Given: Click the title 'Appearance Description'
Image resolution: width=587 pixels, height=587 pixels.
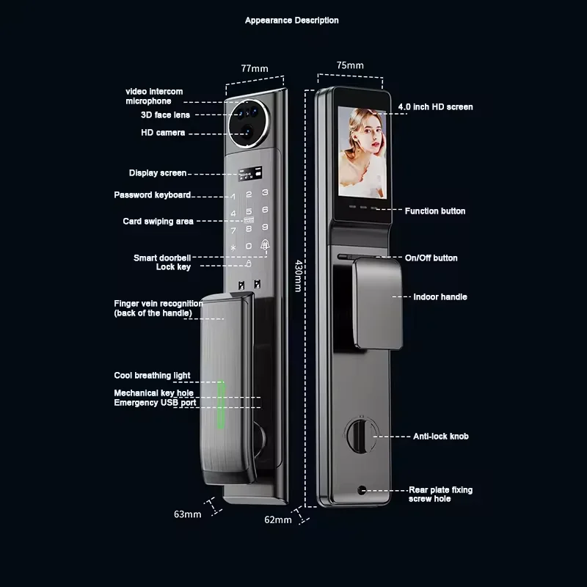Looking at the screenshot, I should click(291, 21).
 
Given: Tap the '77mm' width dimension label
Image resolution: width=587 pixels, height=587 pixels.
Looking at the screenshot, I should click(255, 68).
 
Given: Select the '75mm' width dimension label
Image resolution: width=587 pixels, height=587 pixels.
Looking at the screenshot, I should click(350, 65).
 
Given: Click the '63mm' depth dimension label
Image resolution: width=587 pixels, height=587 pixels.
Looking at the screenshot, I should click(188, 514).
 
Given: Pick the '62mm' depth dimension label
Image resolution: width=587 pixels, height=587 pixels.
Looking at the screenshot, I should click(278, 519).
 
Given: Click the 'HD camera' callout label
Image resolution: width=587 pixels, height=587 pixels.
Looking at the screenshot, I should click(163, 133).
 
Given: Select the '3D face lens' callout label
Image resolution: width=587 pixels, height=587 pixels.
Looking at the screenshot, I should click(165, 115).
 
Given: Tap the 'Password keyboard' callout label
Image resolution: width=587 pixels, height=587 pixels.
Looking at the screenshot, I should click(153, 195).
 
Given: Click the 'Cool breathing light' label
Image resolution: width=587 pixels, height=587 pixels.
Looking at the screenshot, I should click(152, 376).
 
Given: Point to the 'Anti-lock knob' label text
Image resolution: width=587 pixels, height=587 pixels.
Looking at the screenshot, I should click(440, 437).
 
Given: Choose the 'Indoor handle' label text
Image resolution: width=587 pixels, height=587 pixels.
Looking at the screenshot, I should click(440, 297).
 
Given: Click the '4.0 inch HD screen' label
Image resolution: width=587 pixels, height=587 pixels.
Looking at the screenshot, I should click(435, 107).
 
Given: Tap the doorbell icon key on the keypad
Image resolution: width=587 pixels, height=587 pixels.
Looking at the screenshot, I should click(265, 246).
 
